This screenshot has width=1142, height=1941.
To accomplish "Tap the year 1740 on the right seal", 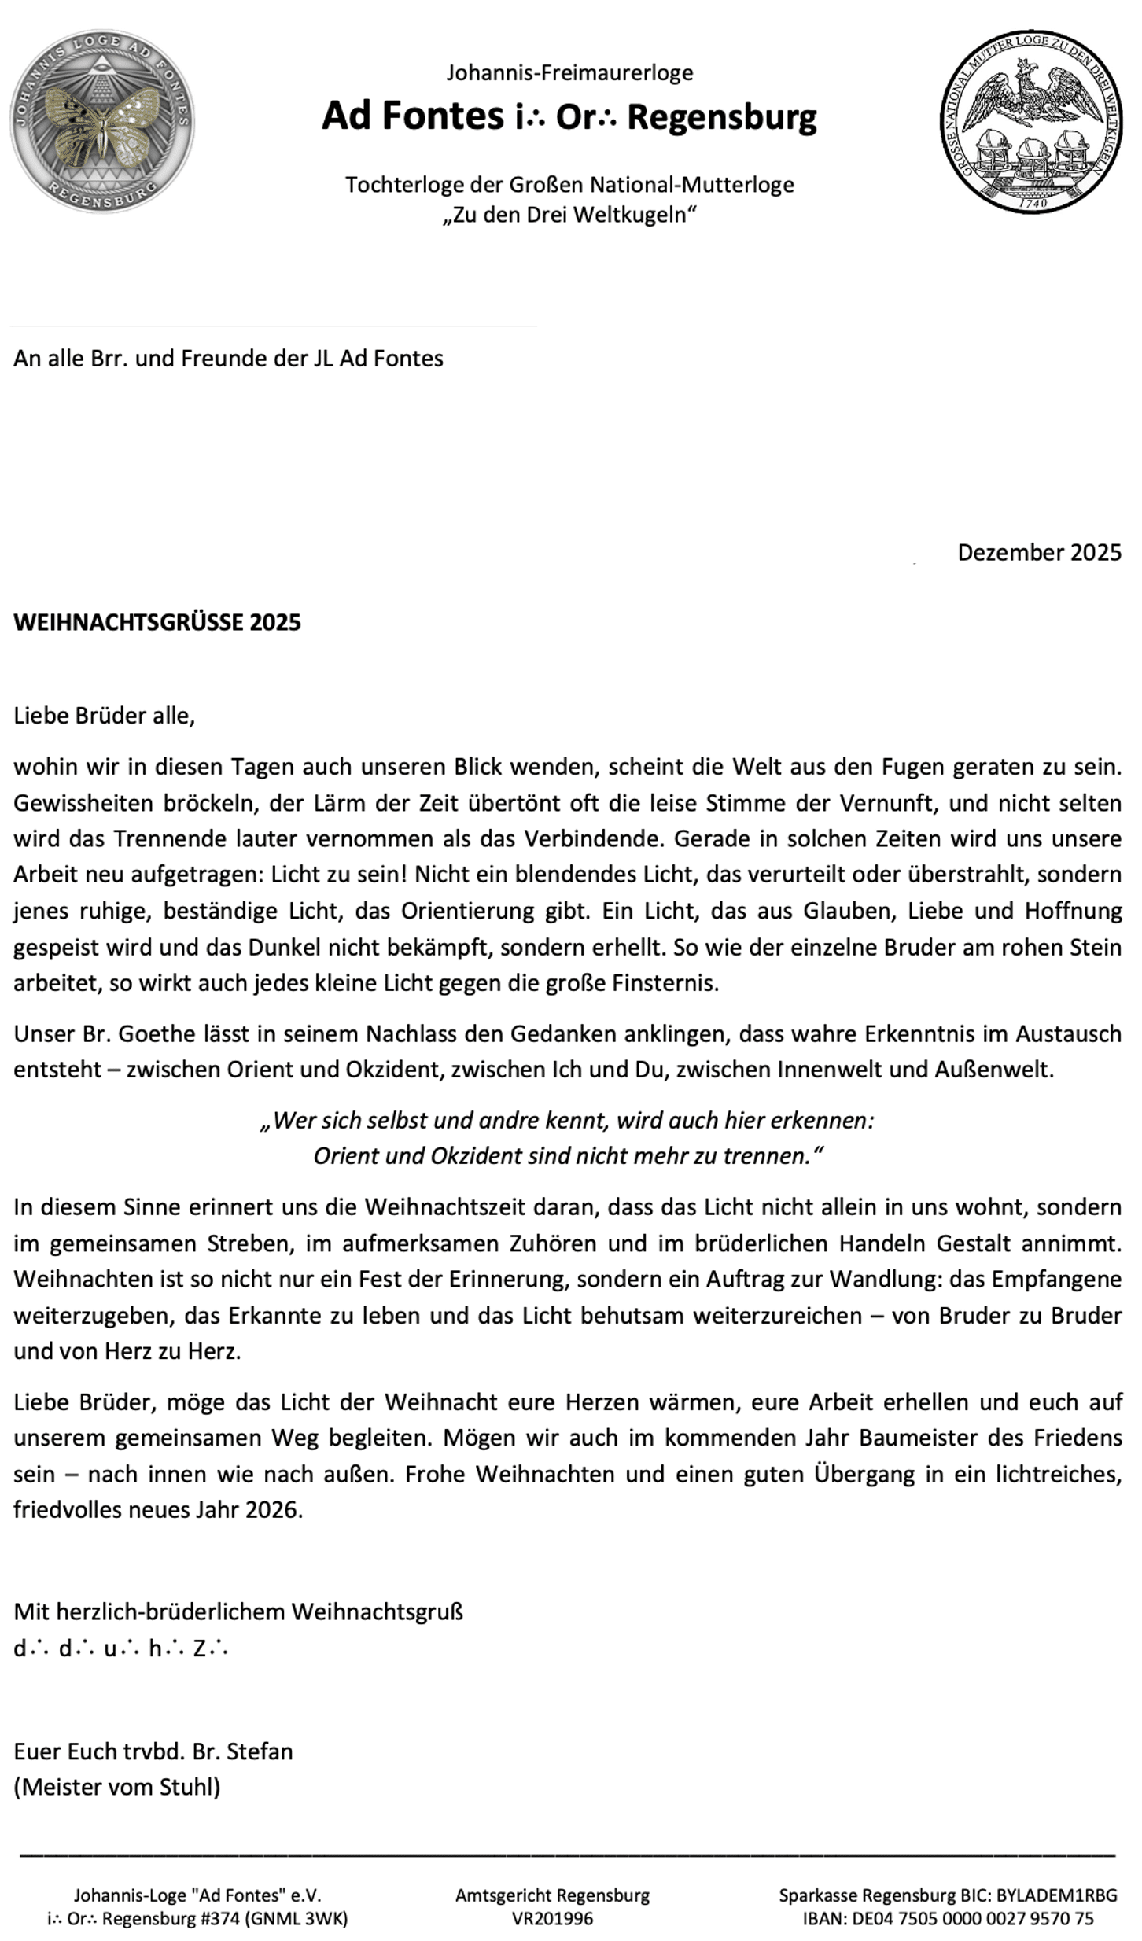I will [1032, 202].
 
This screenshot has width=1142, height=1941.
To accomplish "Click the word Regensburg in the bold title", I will [721, 116].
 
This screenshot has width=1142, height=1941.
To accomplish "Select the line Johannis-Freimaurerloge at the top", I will [569, 73].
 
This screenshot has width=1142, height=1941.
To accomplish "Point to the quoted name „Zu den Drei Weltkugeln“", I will [569, 215].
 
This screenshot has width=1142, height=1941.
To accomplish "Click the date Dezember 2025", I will [1038, 553].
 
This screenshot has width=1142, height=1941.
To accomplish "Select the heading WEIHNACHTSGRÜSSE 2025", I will [157, 622].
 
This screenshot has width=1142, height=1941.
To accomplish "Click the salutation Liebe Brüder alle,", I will [104, 716].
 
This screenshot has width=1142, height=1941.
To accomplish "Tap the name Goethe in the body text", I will [153, 1033].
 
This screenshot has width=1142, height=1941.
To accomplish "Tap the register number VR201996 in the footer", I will [552, 1918].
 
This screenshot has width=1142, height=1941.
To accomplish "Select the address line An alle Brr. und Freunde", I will [228, 359].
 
